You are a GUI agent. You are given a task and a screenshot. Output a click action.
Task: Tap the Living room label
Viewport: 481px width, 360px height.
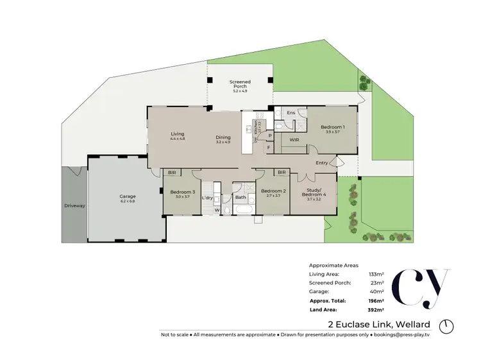pos(177,135)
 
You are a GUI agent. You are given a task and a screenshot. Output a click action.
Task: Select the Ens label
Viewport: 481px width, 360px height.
pos(291,113)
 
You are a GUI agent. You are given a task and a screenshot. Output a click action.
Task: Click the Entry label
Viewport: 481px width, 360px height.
pos(322,163)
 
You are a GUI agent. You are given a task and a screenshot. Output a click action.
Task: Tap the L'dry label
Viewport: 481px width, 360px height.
pos(207,198)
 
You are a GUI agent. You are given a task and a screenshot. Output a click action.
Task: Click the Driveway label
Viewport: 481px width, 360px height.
pos(74,206)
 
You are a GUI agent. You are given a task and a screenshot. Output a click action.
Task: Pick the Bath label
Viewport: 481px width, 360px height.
pos(240,198)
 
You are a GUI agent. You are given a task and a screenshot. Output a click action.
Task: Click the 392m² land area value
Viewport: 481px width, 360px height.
pos(377,309)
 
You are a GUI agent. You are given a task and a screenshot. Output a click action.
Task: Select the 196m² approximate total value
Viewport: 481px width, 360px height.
pos(377,300)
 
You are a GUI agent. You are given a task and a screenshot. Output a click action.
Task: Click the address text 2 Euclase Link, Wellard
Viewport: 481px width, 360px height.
pos(379,324)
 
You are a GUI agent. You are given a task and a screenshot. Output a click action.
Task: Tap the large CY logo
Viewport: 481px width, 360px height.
pos(417,289)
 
